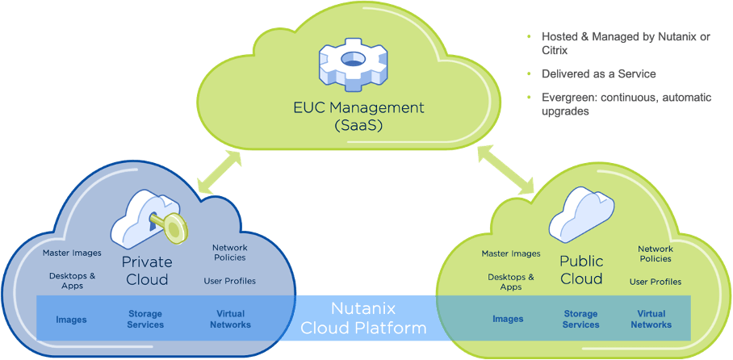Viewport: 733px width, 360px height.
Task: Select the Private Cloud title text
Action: [x=146, y=271]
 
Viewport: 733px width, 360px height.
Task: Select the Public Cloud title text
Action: [x=581, y=270]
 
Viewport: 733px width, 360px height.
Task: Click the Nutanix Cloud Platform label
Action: [x=362, y=318]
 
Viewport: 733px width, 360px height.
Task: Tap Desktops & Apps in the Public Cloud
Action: [x=511, y=282]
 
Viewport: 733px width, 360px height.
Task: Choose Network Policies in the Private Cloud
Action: [x=229, y=253]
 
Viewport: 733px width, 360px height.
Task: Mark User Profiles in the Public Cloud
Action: [x=656, y=282]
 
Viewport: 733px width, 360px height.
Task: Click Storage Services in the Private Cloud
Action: [x=146, y=319]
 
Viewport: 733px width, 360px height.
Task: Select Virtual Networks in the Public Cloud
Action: [x=651, y=319]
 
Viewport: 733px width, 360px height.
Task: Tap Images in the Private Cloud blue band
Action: [x=71, y=320]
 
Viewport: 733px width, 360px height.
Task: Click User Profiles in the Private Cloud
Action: [x=230, y=281]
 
